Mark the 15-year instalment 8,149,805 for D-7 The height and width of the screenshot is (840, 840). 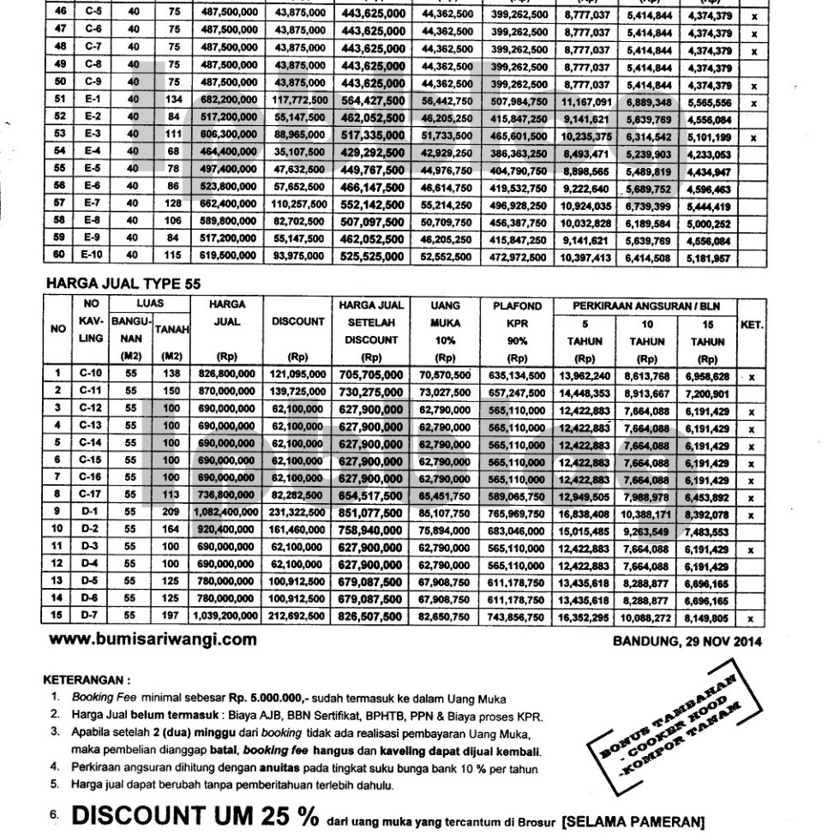click(708, 616)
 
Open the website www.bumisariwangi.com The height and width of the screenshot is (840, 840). click(153, 639)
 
